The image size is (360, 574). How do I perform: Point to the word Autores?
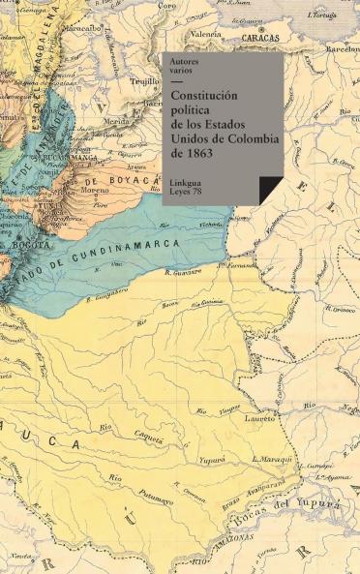click(186, 63)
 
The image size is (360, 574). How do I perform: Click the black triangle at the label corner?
click(270, 191)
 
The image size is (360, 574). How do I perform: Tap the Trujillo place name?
click(144, 82)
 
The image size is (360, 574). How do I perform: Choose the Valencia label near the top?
click(204, 34)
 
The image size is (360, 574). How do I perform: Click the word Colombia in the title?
click(250, 137)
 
